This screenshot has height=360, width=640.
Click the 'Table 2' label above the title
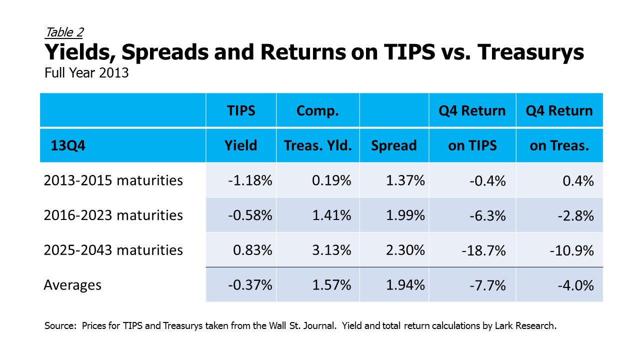pyautogui.click(x=64, y=32)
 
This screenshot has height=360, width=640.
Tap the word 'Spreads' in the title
pyautogui.click(x=165, y=52)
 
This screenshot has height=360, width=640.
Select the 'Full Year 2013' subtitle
pyautogui.click(x=86, y=73)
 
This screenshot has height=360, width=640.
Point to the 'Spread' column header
pyautogui.click(x=394, y=145)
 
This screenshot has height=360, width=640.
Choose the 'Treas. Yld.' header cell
pyautogui.click(x=317, y=145)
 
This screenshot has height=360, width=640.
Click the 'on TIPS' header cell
pyautogui.click(x=472, y=145)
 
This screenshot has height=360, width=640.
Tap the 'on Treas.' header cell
pyautogui.click(x=559, y=145)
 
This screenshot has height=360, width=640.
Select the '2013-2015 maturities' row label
pyautogui.click(x=113, y=180)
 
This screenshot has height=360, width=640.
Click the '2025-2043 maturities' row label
pyautogui.click(x=113, y=250)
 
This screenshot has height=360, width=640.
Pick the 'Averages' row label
pyautogui.click(x=72, y=285)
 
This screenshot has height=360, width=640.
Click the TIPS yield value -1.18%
pyautogui.click(x=250, y=180)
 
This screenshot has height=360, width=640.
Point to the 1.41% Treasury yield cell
pyautogui.click(x=331, y=215)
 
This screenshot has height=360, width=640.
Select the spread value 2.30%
pyautogui.click(x=405, y=250)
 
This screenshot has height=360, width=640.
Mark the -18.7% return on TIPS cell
pyautogui.click(x=483, y=251)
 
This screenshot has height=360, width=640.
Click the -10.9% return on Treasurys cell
pyautogui.click(x=571, y=251)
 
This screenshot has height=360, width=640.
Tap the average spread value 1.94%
pyautogui.click(x=405, y=285)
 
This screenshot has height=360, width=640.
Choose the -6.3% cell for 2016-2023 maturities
pyautogui.click(x=487, y=216)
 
